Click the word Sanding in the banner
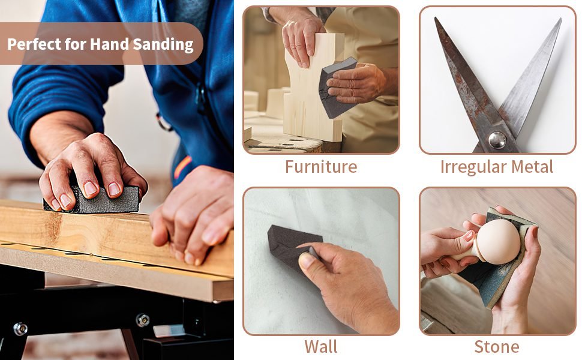[163, 44]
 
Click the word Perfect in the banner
[34, 44]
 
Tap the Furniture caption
[321, 166]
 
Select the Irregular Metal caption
[497, 167]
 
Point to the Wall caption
[321, 347]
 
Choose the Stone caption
[497, 347]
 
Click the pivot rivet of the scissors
[497, 140]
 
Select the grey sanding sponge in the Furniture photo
[336, 89]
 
